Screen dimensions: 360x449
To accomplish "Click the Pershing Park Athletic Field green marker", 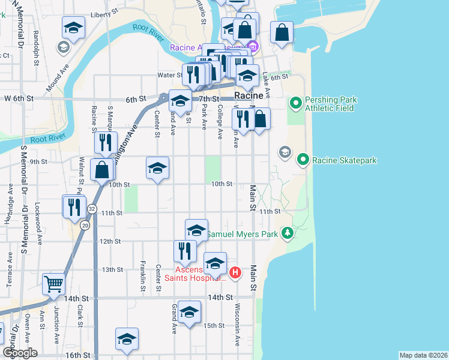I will (x=295, y=104).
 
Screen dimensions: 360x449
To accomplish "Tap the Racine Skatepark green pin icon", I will (x=304, y=160).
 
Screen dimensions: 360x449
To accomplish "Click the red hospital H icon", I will (x=235, y=273).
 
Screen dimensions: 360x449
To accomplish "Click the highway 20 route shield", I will (x=85, y=224).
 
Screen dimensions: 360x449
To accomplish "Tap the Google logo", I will (x=20, y=352).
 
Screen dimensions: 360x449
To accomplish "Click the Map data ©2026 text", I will (x=423, y=355).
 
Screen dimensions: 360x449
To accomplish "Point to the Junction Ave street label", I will (x=56, y=325).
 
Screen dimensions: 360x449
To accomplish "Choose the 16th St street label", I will (x=77, y=355).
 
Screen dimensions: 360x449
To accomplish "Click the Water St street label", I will (x=169, y=75).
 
